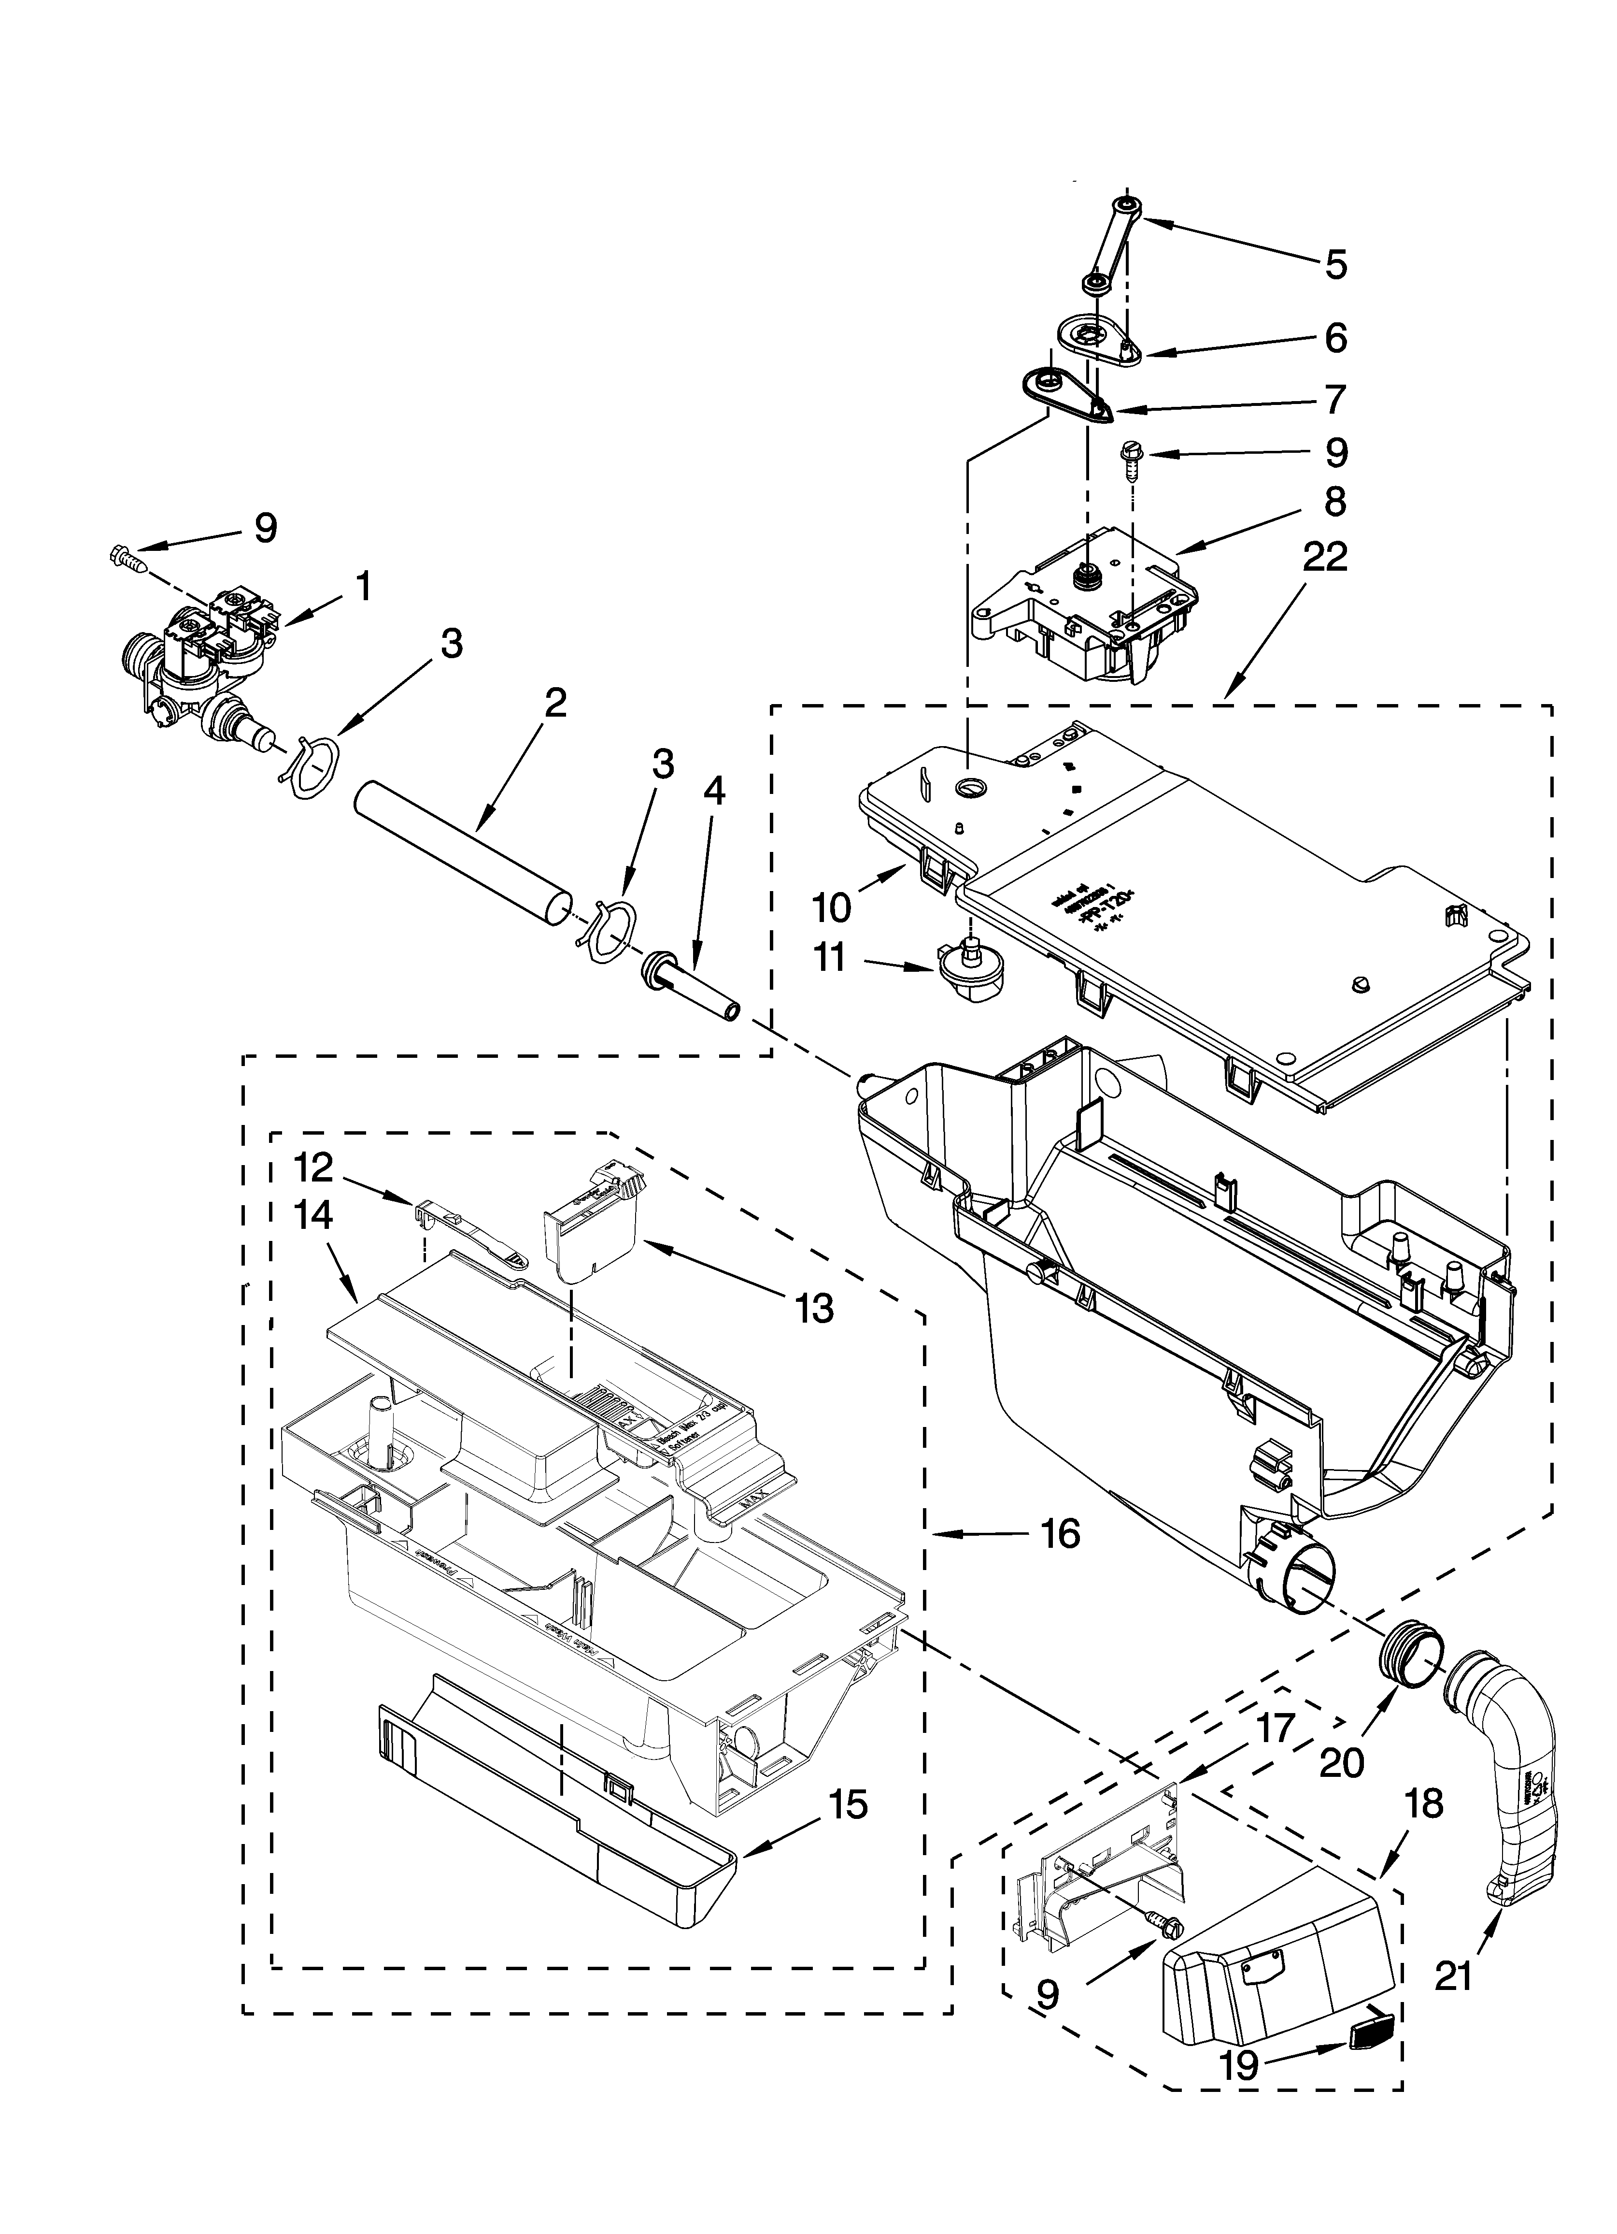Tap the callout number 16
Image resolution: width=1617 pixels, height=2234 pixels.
point(1061,1533)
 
